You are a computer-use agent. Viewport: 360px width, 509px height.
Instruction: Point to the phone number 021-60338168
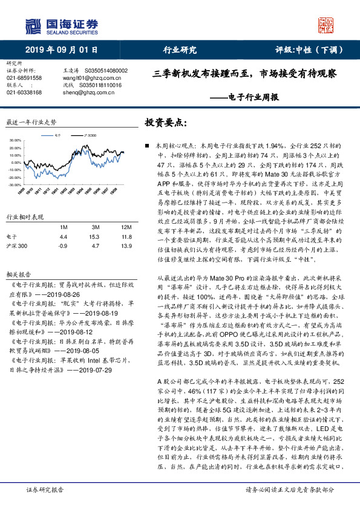24,92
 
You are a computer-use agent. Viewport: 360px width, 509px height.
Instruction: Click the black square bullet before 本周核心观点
148,146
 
